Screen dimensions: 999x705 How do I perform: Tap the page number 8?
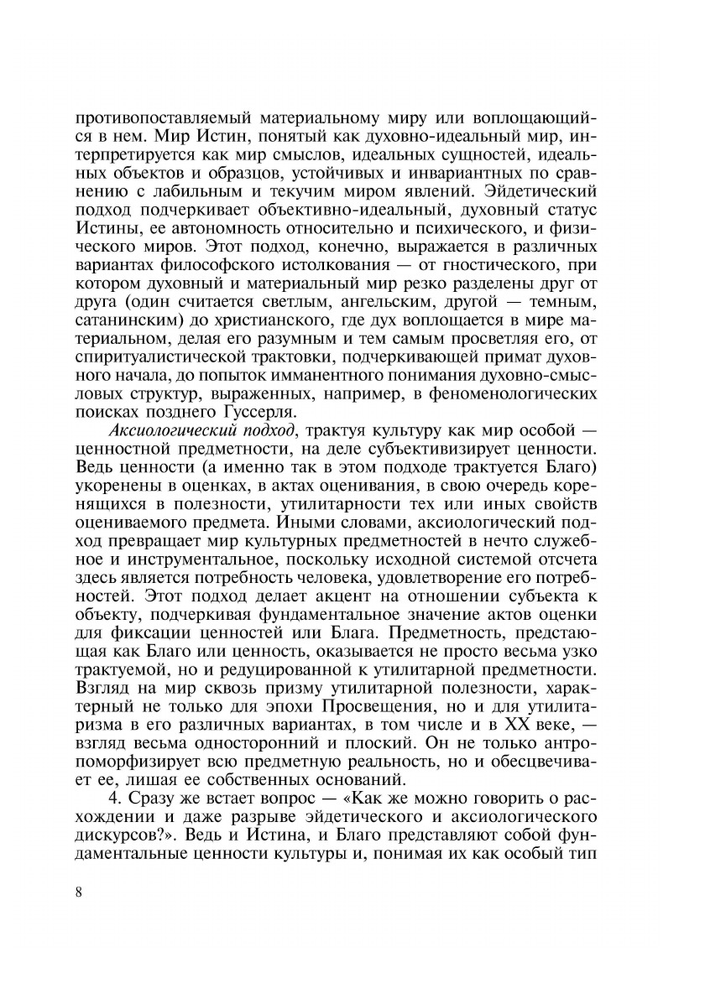point(78,891)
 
